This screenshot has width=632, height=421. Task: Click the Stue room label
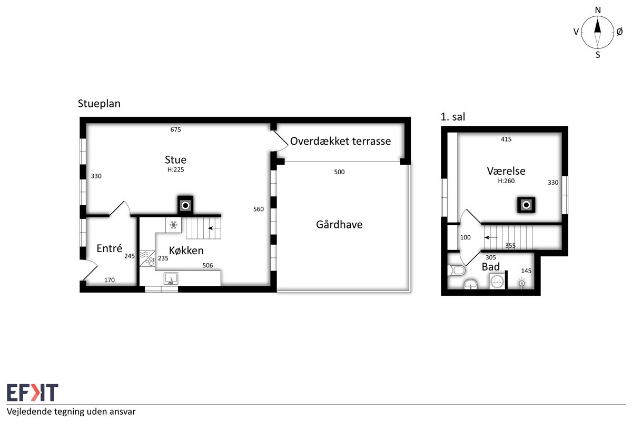(x=175, y=160)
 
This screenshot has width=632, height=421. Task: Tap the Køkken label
(x=186, y=250)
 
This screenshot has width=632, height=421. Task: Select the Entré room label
(x=109, y=248)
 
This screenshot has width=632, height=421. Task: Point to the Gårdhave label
(x=339, y=225)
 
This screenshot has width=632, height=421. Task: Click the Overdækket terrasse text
(x=340, y=141)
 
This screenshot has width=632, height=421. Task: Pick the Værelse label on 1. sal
(x=506, y=171)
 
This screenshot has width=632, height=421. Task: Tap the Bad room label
(x=491, y=267)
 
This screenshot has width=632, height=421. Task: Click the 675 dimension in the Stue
(x=175, y=129)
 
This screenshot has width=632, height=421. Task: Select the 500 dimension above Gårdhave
(x=339, y=172)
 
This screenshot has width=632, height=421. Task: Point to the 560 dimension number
(x=259, y=209)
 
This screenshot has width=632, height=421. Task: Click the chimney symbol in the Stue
(x=185, y=205)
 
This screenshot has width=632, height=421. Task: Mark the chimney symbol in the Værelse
(x=526, y=205)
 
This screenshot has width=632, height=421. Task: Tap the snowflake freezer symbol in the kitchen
(x=173, y=225)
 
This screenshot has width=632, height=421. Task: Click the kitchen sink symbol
(x=171, y=278)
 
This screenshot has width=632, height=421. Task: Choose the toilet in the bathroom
(x=456, y=270)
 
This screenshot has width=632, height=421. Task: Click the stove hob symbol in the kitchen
(x=147, y=258)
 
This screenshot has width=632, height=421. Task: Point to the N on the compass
(x=598, y=11)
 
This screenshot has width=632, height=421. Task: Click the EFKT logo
(x=33, y=392)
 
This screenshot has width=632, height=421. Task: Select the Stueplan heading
(x=99, y=104)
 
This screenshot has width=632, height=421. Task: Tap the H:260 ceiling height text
(x=506, y=181)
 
